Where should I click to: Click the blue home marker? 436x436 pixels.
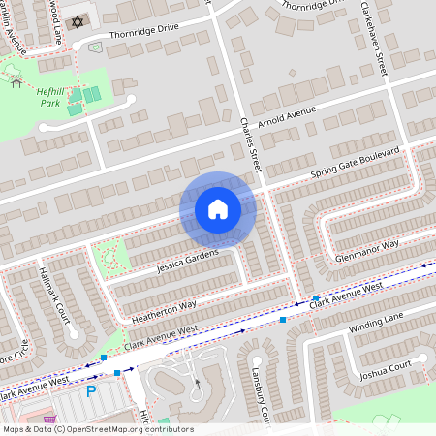coord(217,209)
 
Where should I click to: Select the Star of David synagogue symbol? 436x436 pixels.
coord(79,21)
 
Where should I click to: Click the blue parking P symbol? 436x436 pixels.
coord(91,391)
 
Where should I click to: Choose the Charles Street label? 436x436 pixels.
coord(251,145)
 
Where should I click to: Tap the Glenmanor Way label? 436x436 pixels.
coord(365,249)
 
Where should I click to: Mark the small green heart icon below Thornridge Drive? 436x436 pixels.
coord(95,46)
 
